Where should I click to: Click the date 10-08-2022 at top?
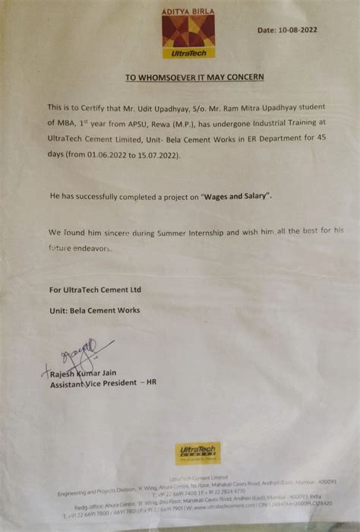(x=297, y=30)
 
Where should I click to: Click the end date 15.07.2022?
(x=176, y=148)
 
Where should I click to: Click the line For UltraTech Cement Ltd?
(x=95, y=290)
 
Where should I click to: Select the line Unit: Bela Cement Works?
(x=95, y=310)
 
